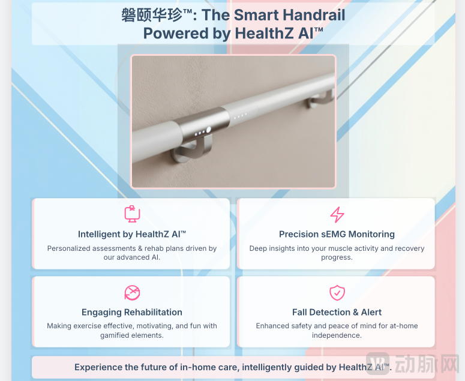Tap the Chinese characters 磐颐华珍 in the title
152,15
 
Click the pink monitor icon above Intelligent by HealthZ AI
132,214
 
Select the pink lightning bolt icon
337,214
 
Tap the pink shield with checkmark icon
337,293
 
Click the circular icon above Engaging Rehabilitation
132,293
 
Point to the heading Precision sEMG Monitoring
337,234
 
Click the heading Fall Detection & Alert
337,312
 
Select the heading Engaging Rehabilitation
132,312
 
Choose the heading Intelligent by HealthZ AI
132,234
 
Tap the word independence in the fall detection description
337,335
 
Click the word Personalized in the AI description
66,248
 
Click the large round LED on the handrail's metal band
208,130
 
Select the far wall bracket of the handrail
320,99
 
